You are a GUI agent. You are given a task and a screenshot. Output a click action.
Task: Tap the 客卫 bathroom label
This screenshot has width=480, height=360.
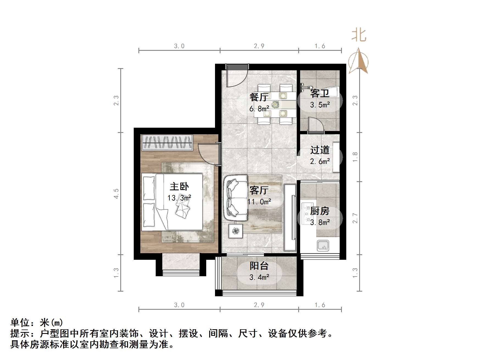click(320, 94)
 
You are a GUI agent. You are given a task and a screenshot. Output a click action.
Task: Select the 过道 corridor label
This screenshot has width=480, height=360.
click(320, 150)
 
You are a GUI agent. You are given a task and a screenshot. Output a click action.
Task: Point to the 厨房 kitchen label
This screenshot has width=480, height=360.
click(320, 211)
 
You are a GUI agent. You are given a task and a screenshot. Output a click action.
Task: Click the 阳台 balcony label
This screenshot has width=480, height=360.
click(259, 266)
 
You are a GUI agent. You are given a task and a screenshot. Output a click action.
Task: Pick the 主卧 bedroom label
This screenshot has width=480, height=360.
click(179, 187)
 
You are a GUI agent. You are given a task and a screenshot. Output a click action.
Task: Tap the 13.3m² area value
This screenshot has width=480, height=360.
click(179, 198)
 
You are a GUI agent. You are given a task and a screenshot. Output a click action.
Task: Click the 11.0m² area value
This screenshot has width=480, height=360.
click(259, 202)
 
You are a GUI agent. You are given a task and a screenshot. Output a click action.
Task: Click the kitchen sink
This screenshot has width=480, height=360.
click(323, 245)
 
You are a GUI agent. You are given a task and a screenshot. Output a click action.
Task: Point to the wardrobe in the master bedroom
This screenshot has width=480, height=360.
click(167, 143)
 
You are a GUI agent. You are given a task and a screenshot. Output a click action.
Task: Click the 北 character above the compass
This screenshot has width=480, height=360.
click(359, 35)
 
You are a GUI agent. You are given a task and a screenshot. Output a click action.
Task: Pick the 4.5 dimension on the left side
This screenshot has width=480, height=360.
click(116, 194)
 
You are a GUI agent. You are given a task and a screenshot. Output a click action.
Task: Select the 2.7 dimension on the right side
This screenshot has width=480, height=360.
click(355, 218)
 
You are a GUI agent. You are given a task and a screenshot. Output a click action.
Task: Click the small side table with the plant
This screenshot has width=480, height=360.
click(236, 231)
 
